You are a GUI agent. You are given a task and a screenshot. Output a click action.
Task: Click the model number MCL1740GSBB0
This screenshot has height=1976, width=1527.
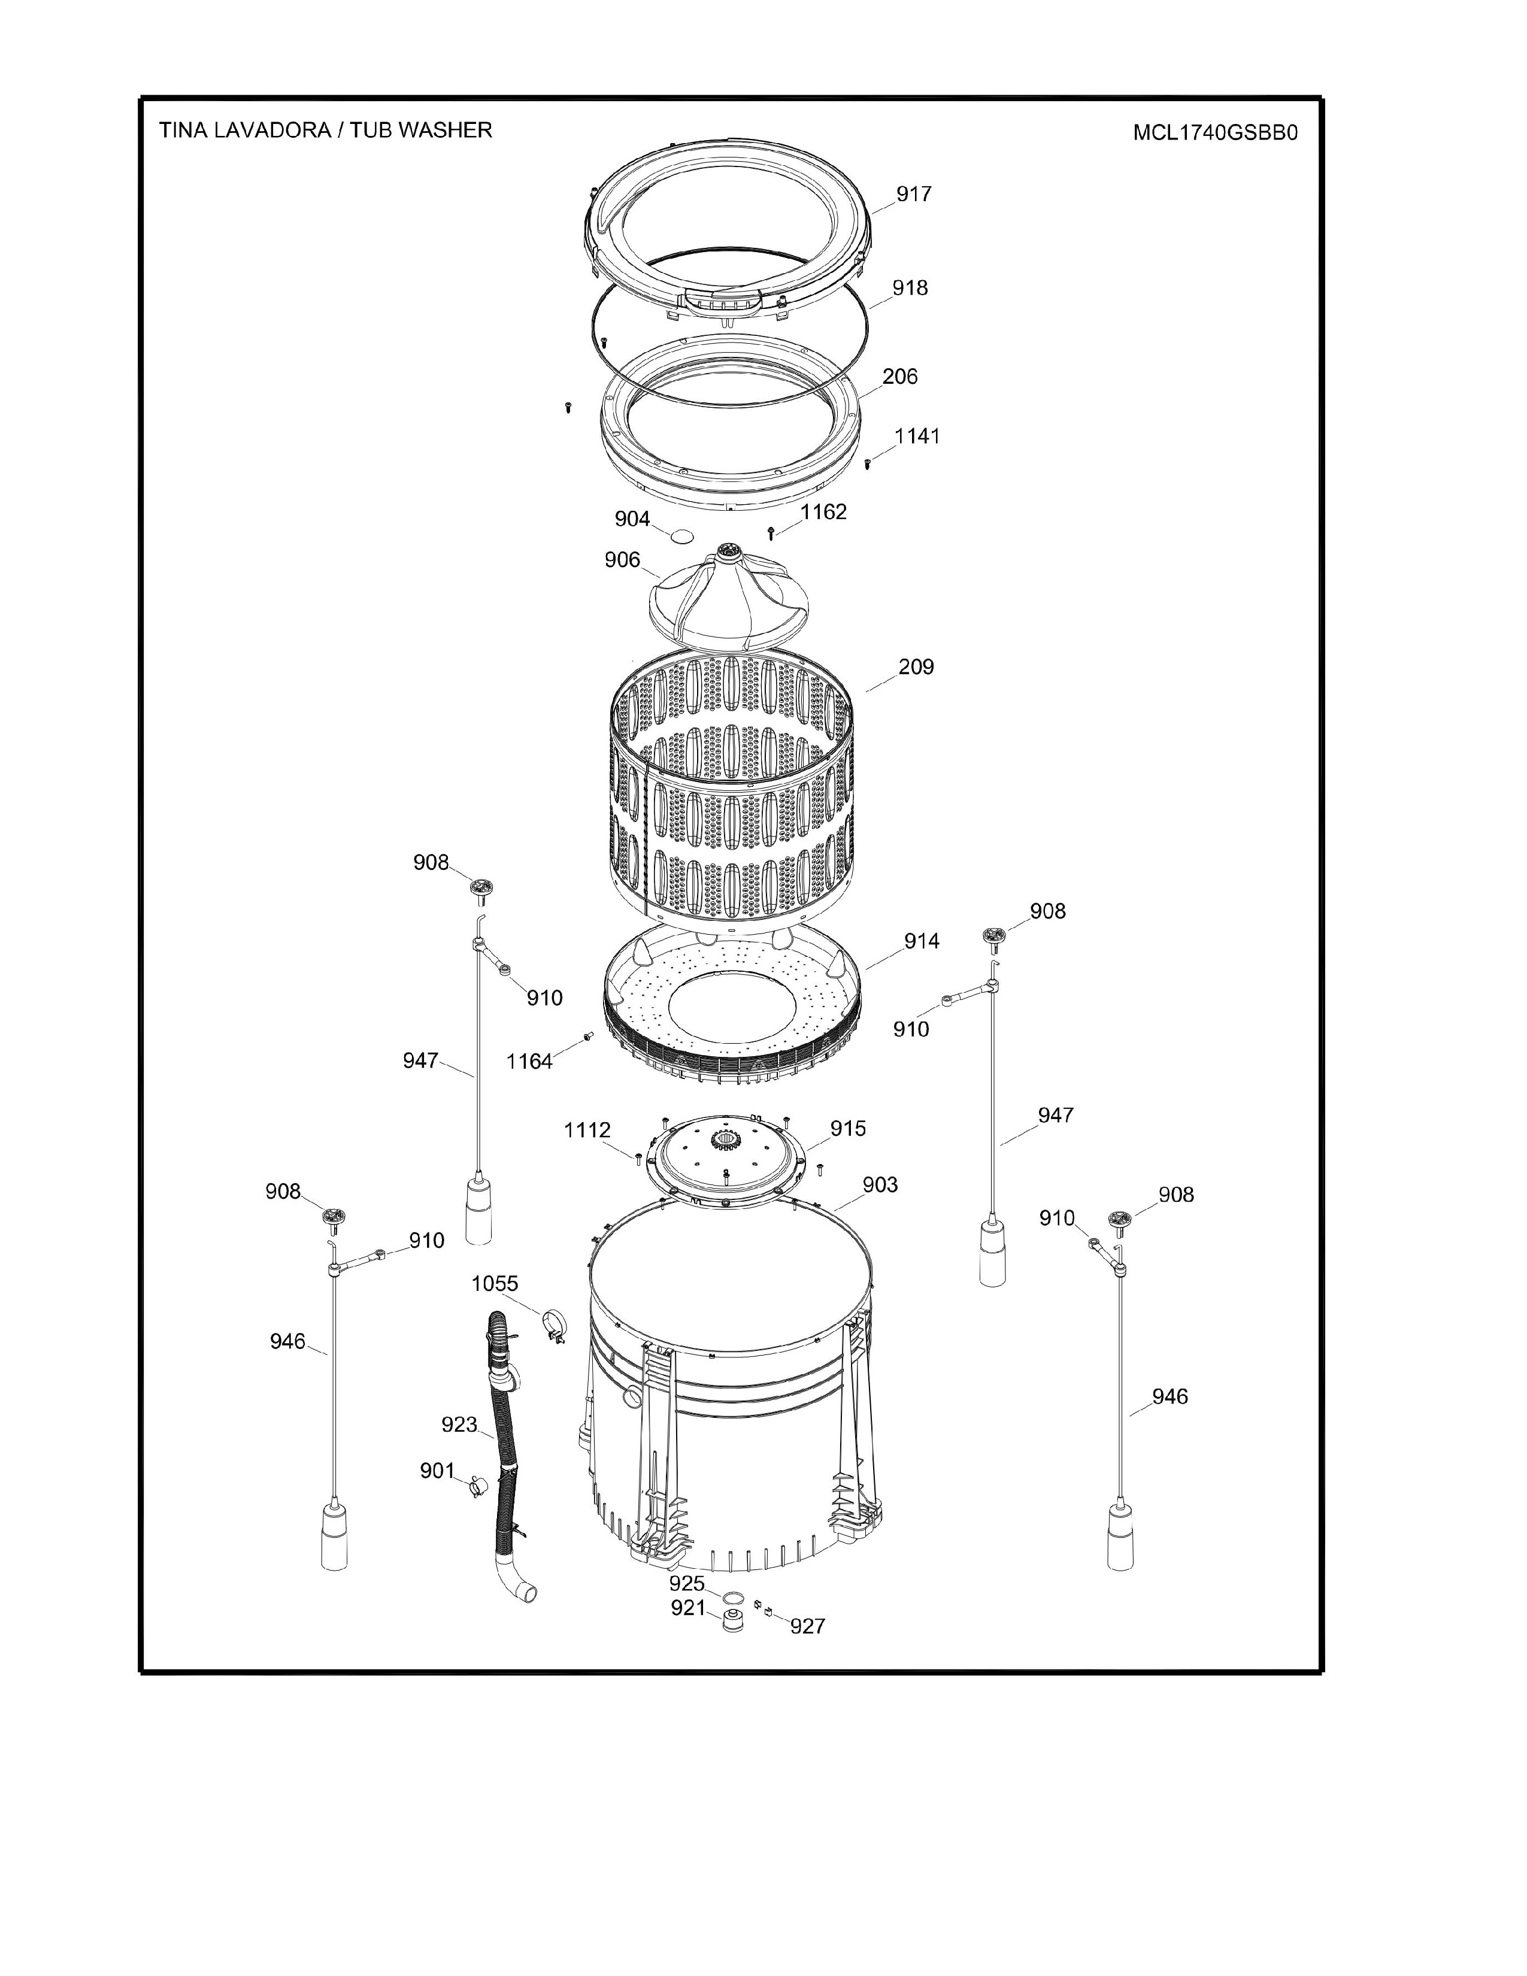(x=1215, y=133)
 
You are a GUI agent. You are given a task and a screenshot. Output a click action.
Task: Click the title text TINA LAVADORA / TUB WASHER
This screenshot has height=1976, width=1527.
(x=326, y=131)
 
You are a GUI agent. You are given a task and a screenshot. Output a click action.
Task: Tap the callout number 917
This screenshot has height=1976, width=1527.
(x=914, y=193)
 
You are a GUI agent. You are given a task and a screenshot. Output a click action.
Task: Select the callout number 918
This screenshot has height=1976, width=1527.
(x=910, y=287)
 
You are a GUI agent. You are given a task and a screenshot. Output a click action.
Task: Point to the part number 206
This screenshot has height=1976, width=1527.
(x=900, y=377)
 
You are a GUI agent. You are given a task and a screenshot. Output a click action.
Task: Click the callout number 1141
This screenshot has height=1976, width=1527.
(x=917, y=436)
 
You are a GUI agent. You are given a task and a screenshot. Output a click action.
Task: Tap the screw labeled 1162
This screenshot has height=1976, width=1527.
(x=771, y=533)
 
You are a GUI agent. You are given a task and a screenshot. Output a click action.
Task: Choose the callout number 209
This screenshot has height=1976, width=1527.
(x=916, y=667)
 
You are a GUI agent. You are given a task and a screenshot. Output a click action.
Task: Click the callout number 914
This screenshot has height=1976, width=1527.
(x=922, y=941)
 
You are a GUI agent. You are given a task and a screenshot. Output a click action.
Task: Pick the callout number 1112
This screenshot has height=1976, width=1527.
(x=587, y=1130)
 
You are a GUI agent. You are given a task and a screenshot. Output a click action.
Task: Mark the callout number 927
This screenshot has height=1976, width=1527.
(x=808, y=1626)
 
